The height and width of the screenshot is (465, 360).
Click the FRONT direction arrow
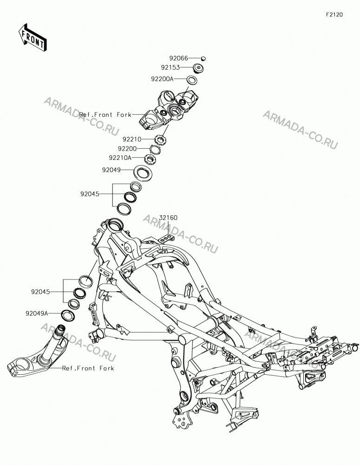click(x=33, y=37)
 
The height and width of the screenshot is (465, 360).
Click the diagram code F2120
click(x=334, y=14)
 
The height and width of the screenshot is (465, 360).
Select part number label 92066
click(x=179, y=58)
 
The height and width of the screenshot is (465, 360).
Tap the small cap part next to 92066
click(x=204, y=58)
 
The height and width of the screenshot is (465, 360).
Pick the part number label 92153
click(x=170, y=67)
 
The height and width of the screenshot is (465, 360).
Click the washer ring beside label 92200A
click(x=192, y=80)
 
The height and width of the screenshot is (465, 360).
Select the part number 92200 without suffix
click(x=127, y=149)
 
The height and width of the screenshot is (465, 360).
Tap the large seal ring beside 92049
click(x=144, y=173)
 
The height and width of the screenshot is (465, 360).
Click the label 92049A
click(x=37, y=313)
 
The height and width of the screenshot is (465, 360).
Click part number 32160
click(x=168, y=218)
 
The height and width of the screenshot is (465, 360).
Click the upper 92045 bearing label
click(x=90, y=194)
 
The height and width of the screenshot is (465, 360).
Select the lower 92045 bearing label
click(x=40, y=292)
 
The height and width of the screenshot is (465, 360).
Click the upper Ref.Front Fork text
click(x=105, y=114)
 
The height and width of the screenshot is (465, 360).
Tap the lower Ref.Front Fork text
click(x=88, y=368)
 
